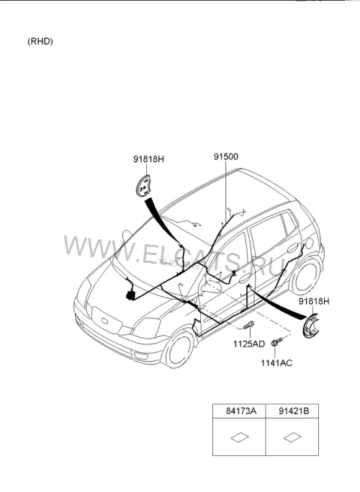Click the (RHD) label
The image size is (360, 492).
tap(40, 41)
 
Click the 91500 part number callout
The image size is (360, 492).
tap(226, 156)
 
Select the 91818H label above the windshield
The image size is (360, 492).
tap(148, 159)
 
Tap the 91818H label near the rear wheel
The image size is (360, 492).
tap(314, 301)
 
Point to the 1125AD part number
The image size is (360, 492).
tap(249, 344)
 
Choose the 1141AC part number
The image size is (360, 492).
tap(276, 363)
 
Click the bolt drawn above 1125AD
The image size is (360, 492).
tap(248, 325)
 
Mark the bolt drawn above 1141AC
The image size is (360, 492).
tap(277, 341)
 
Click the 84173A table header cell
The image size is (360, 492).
tap(239, 411)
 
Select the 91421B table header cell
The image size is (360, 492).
tap(292, 411)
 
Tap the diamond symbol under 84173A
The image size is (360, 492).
tap(240, 437)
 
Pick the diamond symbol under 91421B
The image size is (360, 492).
tap(292, 437)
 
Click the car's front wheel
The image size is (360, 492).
tap(179, 349)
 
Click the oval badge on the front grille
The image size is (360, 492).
tap(104, 321)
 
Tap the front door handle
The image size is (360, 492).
tap(245, 278)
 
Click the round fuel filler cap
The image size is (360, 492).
tap(309, 243)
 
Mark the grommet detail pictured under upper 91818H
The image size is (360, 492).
tap(143, 186)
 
